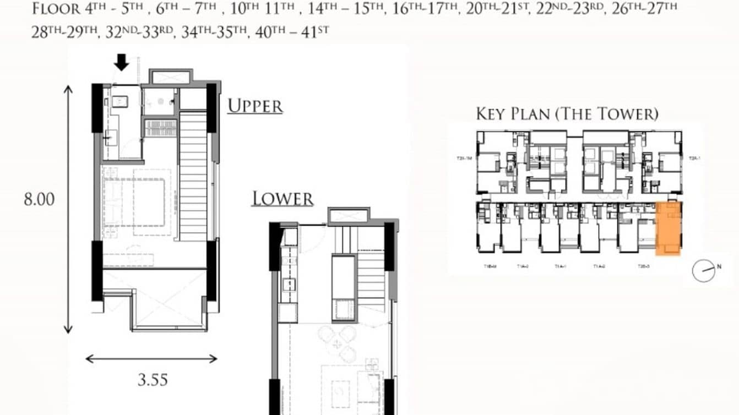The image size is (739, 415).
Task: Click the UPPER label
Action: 255,106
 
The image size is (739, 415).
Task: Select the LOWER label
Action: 282,199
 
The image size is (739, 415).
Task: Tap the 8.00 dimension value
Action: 39,199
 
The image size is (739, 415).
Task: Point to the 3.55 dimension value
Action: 152,379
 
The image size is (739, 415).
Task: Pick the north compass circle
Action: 703,271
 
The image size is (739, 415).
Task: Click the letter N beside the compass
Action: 719,266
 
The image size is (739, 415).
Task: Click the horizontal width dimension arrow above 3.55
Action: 151,359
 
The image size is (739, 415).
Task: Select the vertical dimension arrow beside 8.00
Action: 68,209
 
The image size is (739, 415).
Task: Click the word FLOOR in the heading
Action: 55,9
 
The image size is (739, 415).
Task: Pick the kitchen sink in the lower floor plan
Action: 287,285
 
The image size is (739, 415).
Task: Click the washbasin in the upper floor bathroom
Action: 119,101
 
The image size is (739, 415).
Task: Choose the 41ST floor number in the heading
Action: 316,31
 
